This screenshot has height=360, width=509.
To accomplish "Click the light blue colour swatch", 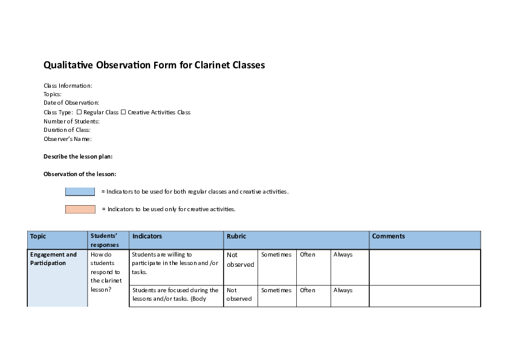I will tap(80, 191).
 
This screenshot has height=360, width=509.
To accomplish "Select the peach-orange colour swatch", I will tap(80, 209).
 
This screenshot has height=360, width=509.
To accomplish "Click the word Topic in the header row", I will tap(38, 237).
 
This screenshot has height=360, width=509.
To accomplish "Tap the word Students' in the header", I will tap(103, 236).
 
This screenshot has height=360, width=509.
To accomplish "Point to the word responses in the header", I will tap(105, 245).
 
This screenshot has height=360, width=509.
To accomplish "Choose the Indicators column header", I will tap(147, 237).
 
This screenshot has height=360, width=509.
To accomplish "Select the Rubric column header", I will tap(236, 237).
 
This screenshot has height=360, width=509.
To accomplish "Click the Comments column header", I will tap(388, 237).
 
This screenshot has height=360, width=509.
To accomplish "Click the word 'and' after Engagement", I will tap(72, 255).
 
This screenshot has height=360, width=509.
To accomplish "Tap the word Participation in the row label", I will tap(48, 263).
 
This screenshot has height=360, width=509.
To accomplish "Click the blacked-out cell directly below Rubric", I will tap(296, 278).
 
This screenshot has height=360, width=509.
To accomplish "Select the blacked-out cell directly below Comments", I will tap(425, 278).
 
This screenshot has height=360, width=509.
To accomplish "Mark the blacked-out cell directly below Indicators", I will tap(176, 278).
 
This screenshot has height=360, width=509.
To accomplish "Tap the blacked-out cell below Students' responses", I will tap(108, 278).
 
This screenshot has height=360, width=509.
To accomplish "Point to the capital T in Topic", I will tap(31, 237).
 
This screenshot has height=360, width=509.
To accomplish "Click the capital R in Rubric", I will tap(229, 237).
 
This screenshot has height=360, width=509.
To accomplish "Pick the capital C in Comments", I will tap(374, 237).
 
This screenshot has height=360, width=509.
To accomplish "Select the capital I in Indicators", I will tap(133, 237).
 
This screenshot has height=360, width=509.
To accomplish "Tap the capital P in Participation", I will tap(31, 263).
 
